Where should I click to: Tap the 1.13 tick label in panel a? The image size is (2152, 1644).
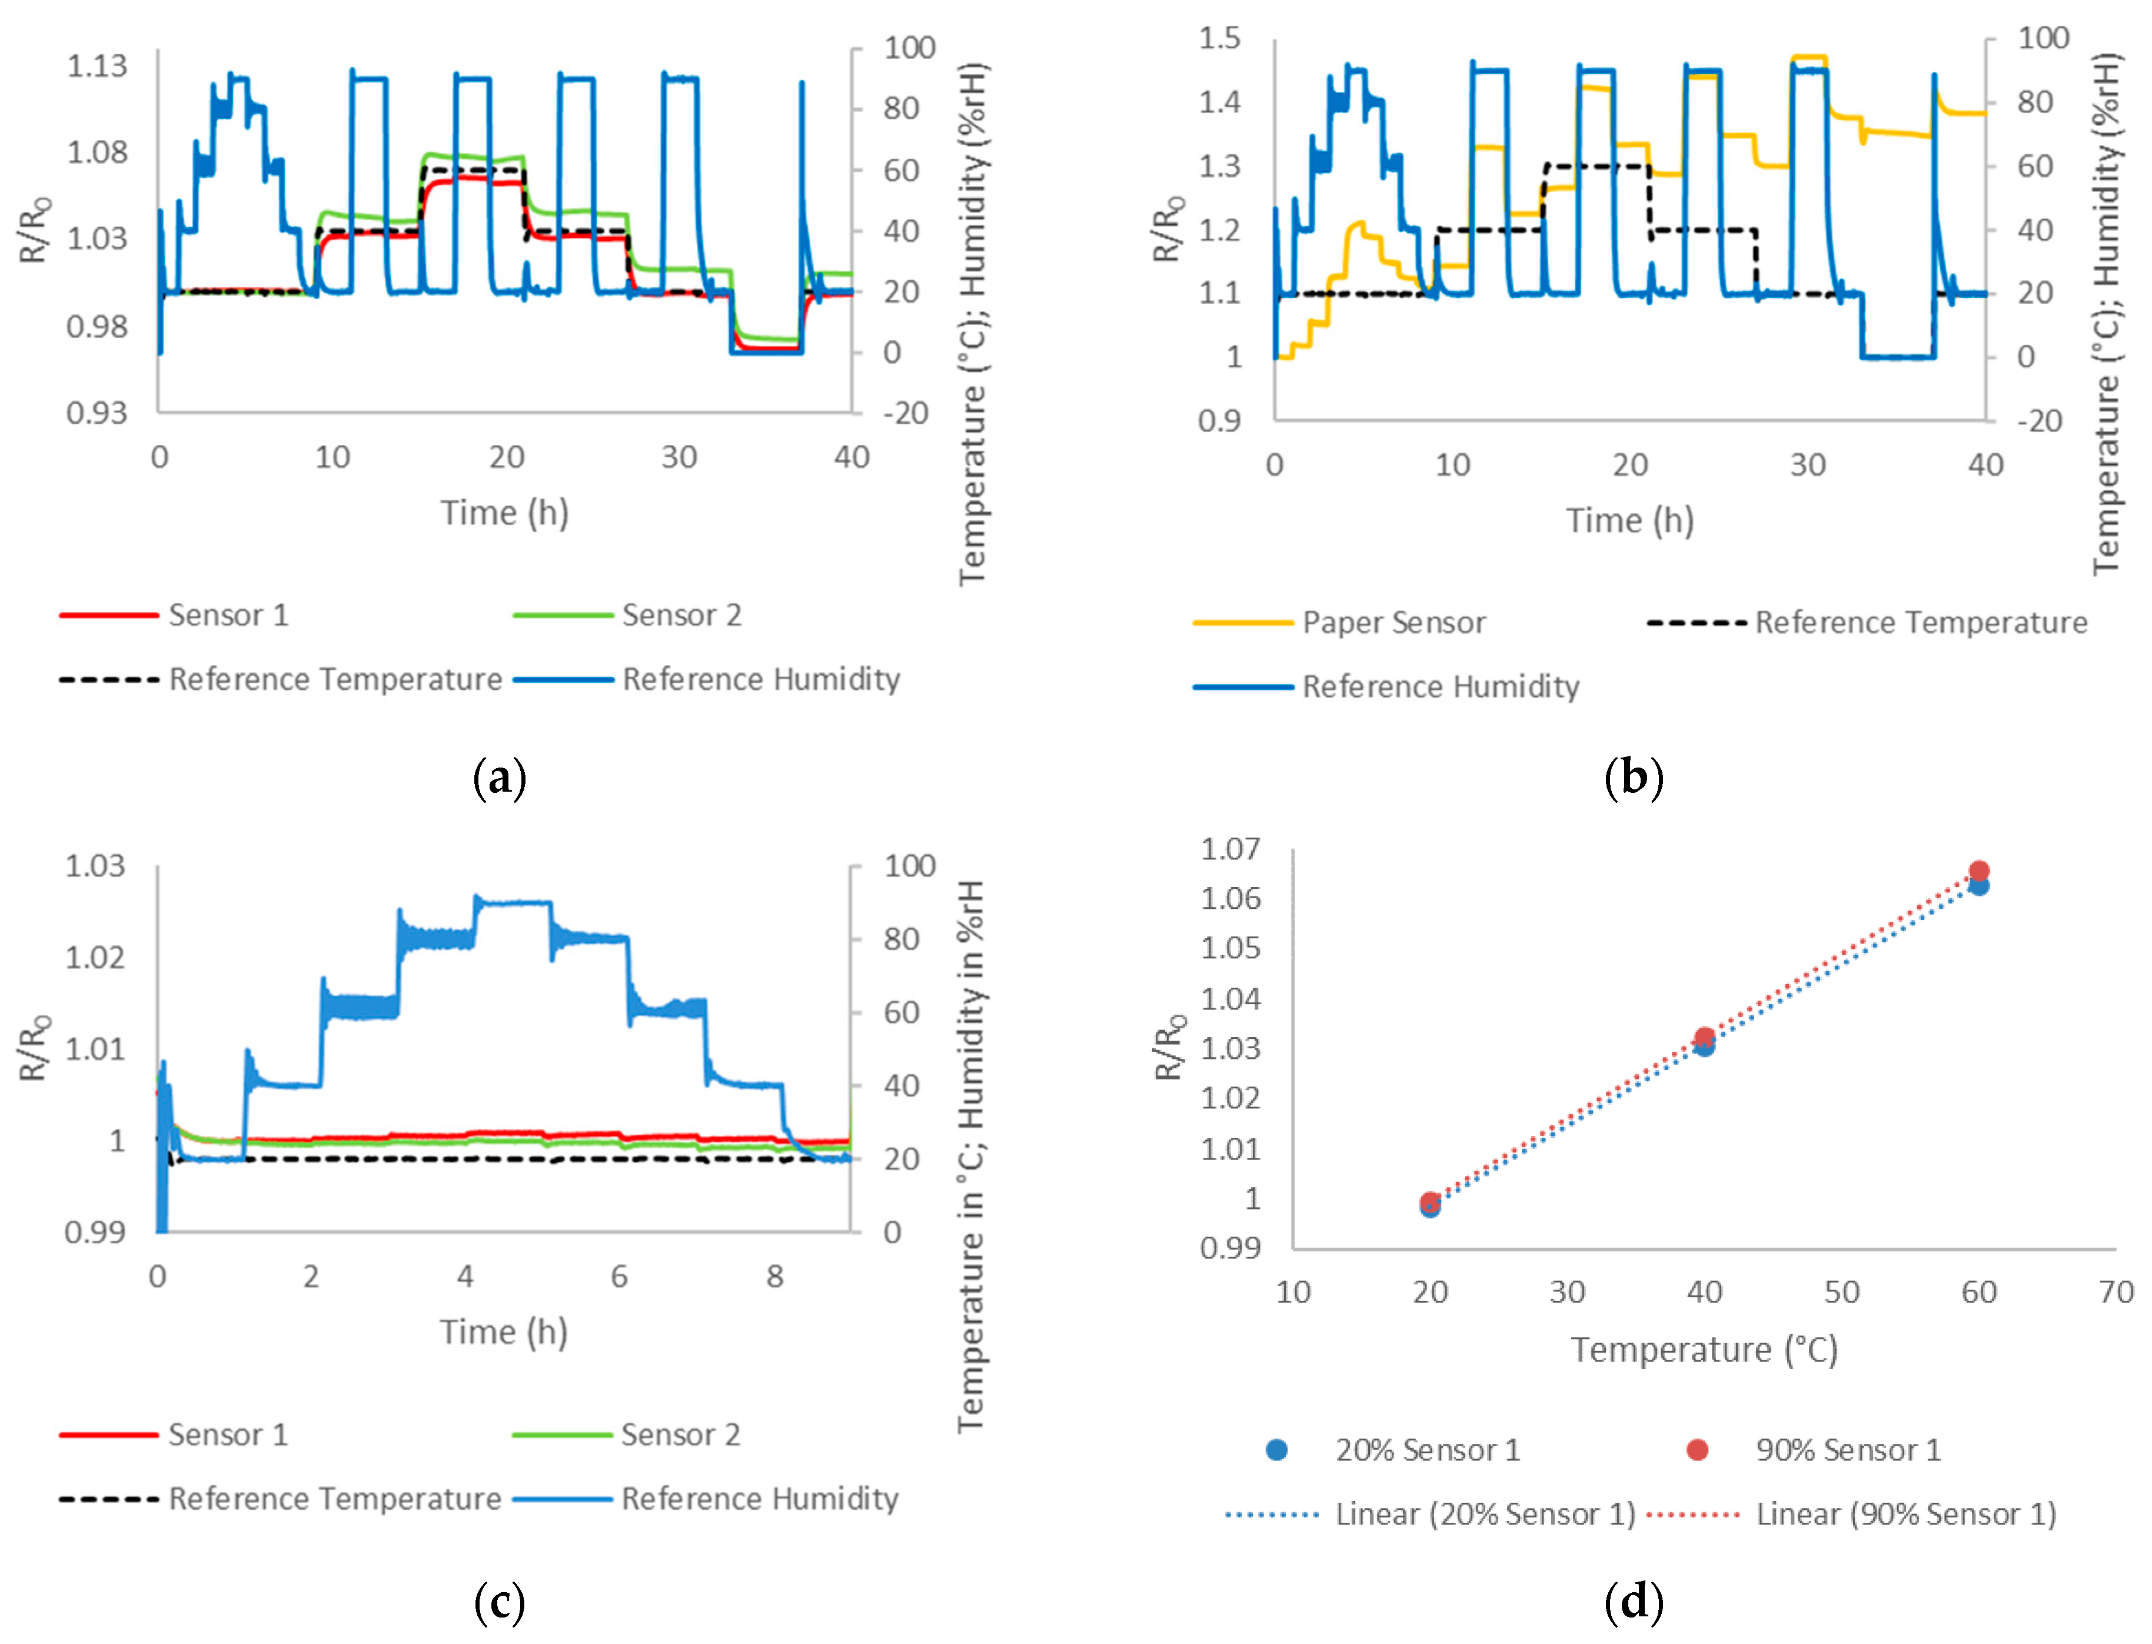click(x=97, y=67)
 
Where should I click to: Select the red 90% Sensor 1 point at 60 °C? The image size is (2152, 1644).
click(x=1978, y=871)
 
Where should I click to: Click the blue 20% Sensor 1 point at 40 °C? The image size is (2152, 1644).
click(x=1704, y=1046)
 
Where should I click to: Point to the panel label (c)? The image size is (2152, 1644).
click(x=499, y=1602)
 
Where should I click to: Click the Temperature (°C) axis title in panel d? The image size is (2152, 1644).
click(x=1704, y=1350)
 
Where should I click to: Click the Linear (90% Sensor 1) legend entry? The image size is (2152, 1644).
click(x=1904, y=1514)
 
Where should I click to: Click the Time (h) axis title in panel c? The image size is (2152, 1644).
click(x=503, y=1332)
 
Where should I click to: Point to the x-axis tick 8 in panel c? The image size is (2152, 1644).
click(x=774, y=1276)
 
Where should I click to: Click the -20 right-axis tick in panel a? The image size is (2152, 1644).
click(x=905, y=413)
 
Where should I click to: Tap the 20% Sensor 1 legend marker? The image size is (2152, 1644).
click(x=1276, y=1449)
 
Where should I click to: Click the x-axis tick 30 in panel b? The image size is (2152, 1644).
click(x=1808, y=465)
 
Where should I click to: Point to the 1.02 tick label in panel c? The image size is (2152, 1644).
click(x=95, y=957)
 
